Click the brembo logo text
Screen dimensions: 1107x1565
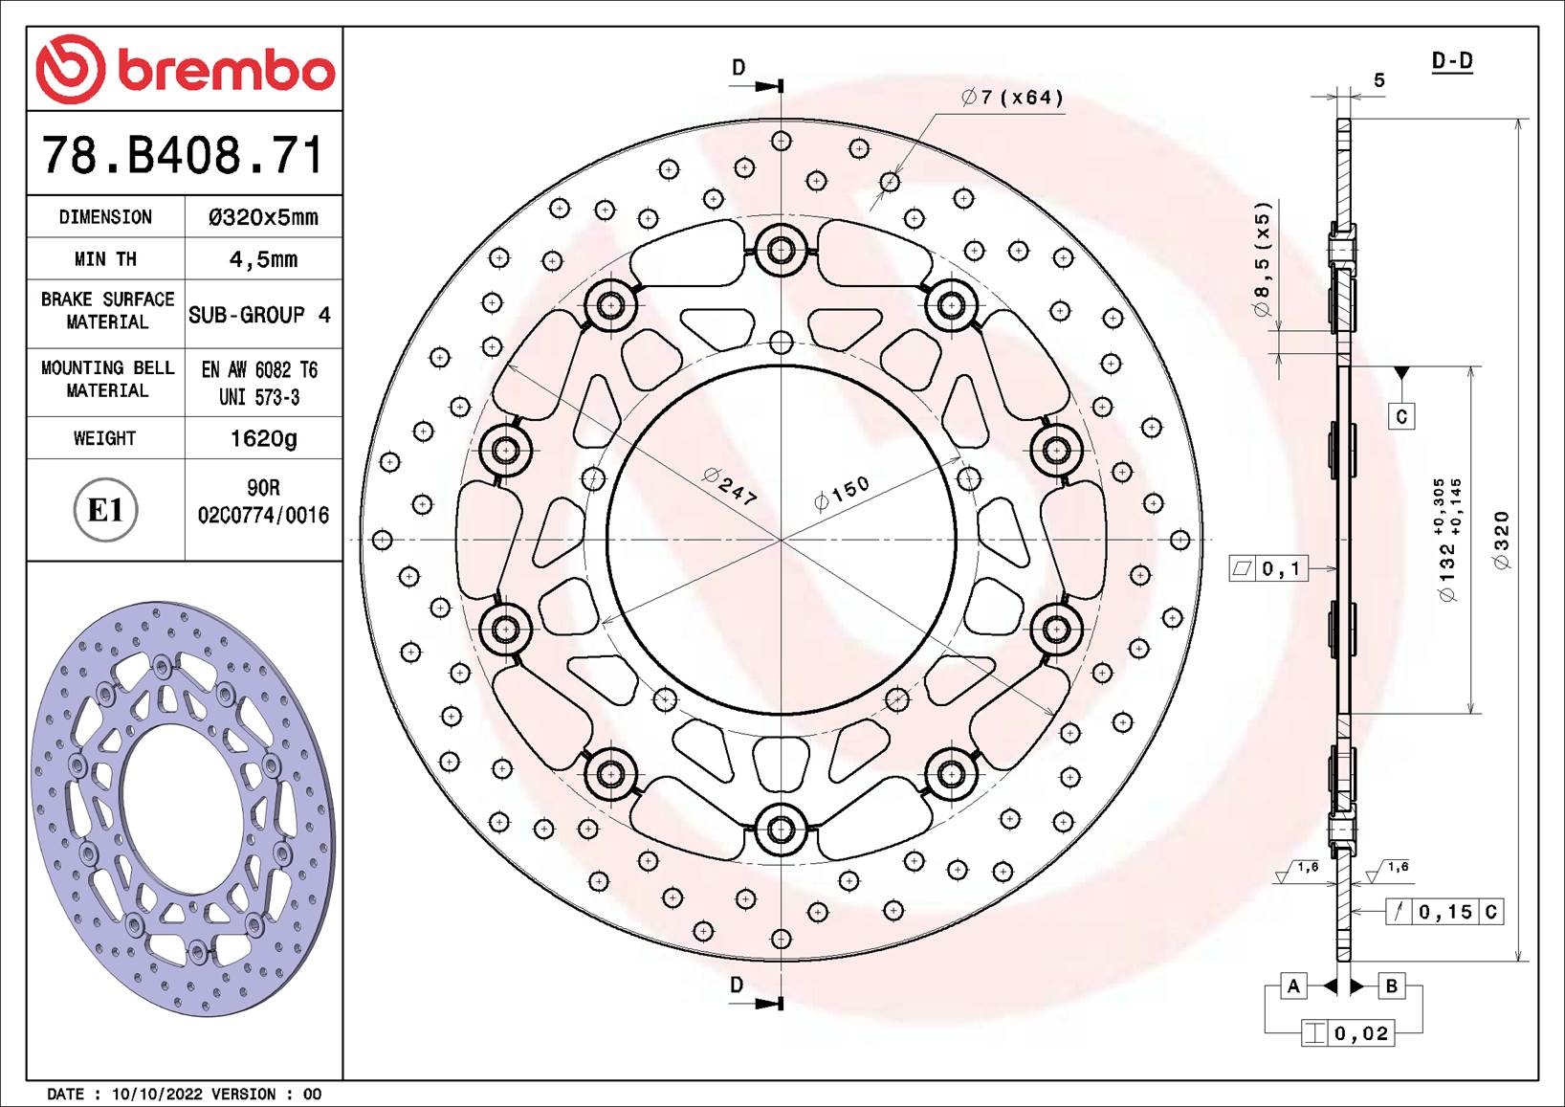(x=226, y=71)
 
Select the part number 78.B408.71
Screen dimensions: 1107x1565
(x=183, y=155)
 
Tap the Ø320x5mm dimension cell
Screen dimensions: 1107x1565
(x=263, y=217)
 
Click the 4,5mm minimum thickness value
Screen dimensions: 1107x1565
(x=263, y=259)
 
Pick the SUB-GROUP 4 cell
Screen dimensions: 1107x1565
(x=259, y=315)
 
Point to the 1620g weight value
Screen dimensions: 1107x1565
(x=263, y=438)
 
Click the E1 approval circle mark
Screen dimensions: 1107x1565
(x=105, y=510)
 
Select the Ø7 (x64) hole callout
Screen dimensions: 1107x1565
(x=1012, y=98)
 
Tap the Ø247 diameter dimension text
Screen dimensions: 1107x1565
(x=730, y=487)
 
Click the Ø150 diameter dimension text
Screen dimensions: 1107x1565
(x=842, y=494)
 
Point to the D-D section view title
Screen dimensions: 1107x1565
(x=1451, y=61)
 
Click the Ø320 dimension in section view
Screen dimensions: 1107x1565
(x=1502, y=541)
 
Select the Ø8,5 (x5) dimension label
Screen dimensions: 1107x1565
(x=1263, y=258)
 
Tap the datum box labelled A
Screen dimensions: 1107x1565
(x=1293, y=985)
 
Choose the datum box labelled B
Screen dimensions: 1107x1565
(x=1391, y=985)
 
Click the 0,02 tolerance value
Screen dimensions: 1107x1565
(x=1361, y=1033)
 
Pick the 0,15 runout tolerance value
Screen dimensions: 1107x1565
(x=1445, y=912)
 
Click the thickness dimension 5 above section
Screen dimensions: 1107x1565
(x=1378, y=80)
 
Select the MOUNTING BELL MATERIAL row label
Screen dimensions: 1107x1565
(x=107, y=379)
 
